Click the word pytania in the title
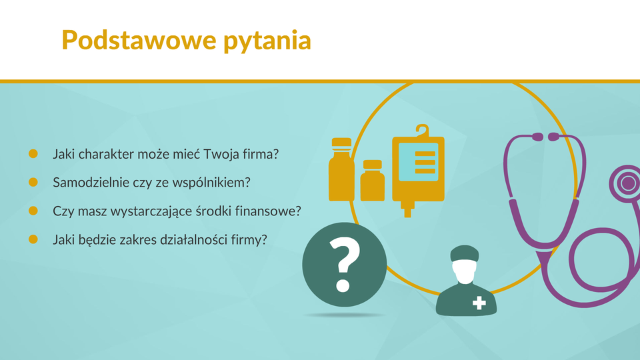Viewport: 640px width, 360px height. click(x=267, y=41)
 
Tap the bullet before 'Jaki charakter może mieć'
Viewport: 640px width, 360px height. click(x=33, y=153)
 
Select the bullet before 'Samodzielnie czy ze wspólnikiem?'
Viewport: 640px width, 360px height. click(x=33, y=182)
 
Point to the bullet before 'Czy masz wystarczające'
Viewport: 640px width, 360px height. click(x=33, y=211)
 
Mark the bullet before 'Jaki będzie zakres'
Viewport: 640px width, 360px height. click(x=33, y=239)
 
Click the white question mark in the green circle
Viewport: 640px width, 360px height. click(x=345, y=265)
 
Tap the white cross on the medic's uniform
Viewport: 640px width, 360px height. click(x=479, y=303)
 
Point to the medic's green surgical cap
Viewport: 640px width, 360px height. click(x=465, y=253)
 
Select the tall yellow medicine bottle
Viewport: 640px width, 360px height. click(x=341, y=169)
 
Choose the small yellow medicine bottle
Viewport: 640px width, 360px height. click(x=372, y=181)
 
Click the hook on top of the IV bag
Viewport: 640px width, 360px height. click(x=423, y=131)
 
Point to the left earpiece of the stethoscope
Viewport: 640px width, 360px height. click(x=537, y=137)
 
